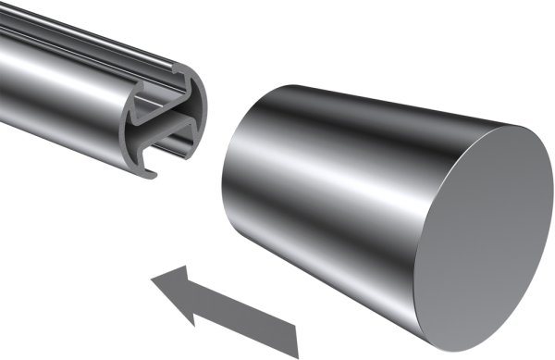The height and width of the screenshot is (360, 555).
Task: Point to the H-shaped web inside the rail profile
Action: [x=166, y=125]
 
